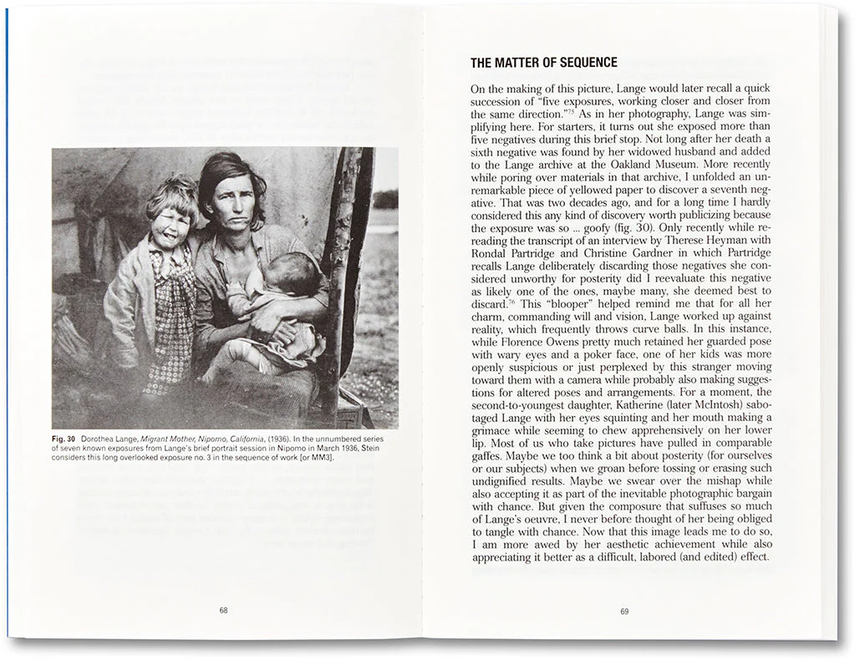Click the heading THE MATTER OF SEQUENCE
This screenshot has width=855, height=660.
tap(543, 63)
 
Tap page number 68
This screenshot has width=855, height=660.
tap(223, 611)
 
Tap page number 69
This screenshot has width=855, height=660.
tap(624, 611)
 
